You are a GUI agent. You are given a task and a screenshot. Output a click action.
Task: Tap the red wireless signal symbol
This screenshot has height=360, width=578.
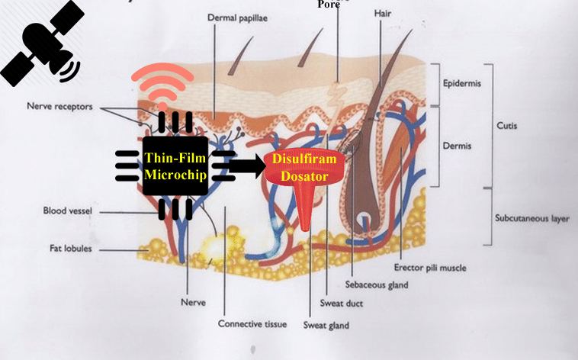pyautogui.click(x=162, y=88)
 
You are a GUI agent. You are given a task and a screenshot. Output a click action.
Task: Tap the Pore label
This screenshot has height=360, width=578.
pyautogui.click(x=329, y=5)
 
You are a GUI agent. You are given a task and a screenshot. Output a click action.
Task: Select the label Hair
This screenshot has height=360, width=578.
pyautogui.click(x=382, y=14)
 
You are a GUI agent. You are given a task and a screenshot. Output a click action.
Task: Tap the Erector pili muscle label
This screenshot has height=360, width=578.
pyautogui.click(x=430, y=268)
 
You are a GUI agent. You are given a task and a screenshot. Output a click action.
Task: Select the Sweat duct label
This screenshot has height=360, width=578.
pyautogui.click(x=342, y=304)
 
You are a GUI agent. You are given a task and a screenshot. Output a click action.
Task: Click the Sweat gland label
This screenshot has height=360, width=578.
pyautogui.click(x=326, y=326)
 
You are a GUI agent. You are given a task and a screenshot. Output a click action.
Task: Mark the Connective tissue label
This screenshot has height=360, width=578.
pyautogui.click(x=252, y=324)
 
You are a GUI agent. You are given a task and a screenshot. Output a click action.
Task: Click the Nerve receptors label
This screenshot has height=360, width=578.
pyautogui.click(x=59, y=107)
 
